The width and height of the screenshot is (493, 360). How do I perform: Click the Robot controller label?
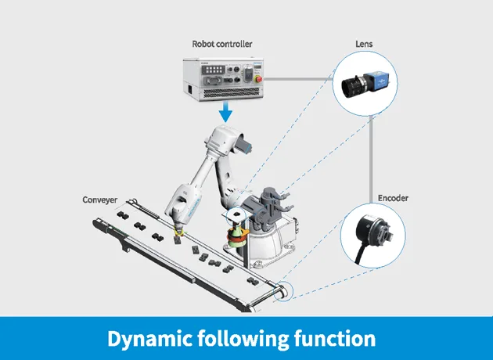click(222, 44)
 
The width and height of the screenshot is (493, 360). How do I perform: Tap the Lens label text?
click(364, 44)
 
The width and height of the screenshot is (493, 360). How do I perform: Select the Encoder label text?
click(393, 198)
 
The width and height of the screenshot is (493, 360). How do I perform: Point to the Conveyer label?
click(100, 200)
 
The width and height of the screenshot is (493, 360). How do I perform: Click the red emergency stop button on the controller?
click(259, 78)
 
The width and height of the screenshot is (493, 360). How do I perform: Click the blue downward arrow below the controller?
click(225, 112)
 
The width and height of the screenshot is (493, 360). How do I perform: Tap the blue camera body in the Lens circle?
click(376, 80)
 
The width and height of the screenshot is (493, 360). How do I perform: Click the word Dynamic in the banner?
click(149, 339)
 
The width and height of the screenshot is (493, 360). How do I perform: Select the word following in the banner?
click(243, 339)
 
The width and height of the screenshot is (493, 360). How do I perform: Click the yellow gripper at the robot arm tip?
click(178, 232)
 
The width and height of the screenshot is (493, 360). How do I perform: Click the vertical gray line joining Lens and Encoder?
click(371, 159)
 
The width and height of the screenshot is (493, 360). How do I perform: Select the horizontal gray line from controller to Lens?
click(298, 78)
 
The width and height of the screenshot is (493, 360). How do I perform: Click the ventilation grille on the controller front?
click(232, 92)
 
